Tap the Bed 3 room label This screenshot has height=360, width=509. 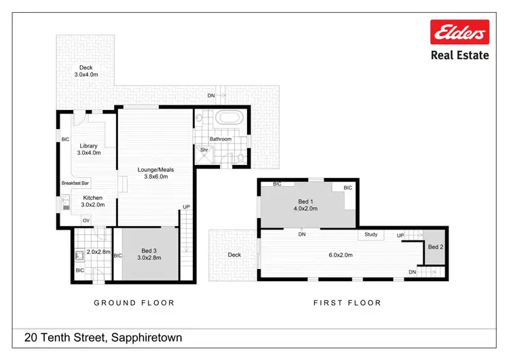pyautogui.click(x=149, y=249)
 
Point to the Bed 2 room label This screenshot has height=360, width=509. pyautogui.click(x=435, y=247)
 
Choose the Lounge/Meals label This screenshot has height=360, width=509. pyautogui.click(x=157, y=169)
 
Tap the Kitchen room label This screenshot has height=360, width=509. pyautogui.click(x=92, y=198)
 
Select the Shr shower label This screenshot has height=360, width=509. pyautogui.click(x=203, y=149)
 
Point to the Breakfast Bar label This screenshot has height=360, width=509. pyautogui.click(x=76, y=183)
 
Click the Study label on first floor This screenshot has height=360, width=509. pyautogui.click(x=371, y=234)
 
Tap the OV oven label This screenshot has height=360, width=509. pyautogui.click(x=86, y=220)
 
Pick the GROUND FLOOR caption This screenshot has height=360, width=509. pyautogui.click(x=134, y=303)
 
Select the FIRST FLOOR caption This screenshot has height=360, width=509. pyautogui.click(x=347, y=303)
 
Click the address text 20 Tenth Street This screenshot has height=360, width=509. pyautogui.click(x=103, y=337)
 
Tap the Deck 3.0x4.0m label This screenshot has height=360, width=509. pyautogui.click(x=86, y=71)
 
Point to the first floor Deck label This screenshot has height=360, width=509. pyautogui.click(x=234, y=255)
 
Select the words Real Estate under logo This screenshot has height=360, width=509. pyautogui.click(x=459, y=56)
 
